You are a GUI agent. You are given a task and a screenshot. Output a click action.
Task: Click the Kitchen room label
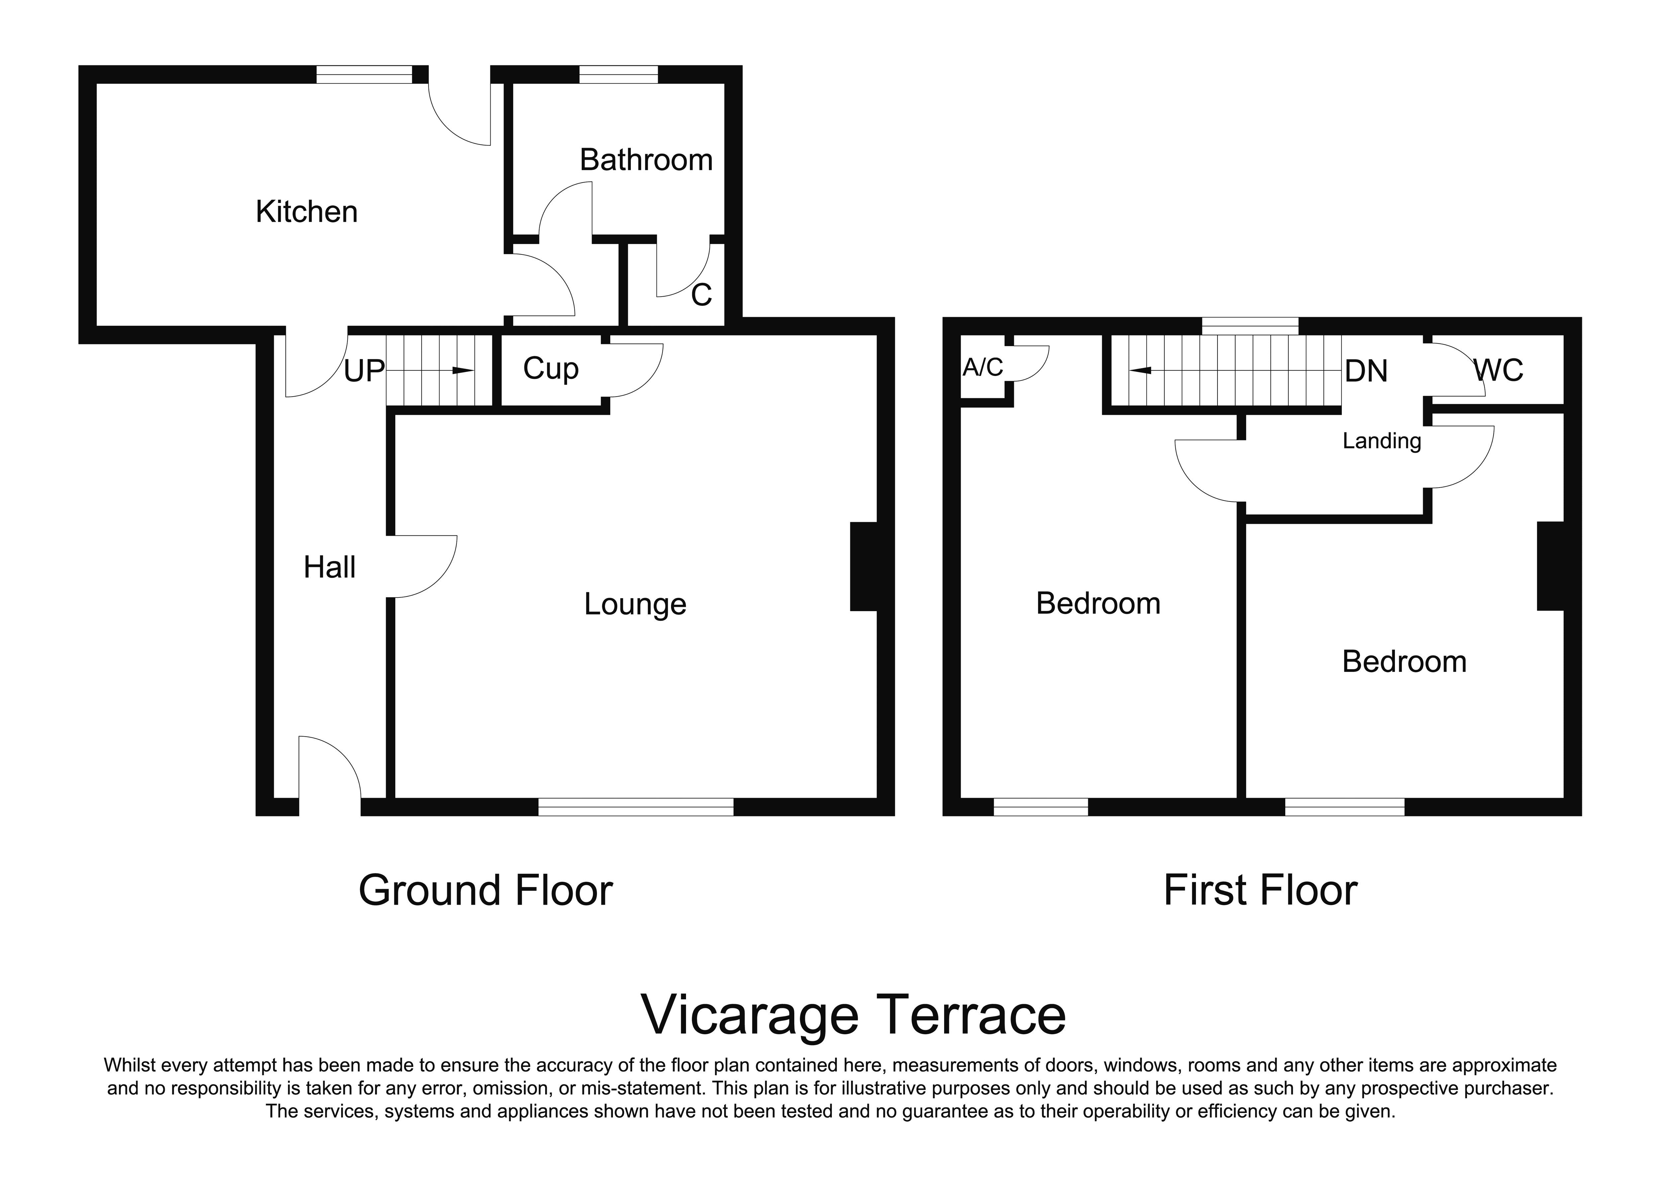pos(306,212)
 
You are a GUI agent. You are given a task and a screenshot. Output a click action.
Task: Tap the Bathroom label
pos(646,160)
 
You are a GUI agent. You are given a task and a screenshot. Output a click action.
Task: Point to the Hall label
pos(330,567)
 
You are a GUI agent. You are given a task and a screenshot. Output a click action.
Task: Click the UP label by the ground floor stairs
pos(364,371)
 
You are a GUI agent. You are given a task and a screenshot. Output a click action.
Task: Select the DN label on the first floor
pos(1366,371)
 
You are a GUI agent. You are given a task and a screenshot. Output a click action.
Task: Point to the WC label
pos(1498,371)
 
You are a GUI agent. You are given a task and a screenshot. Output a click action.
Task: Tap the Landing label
pos(1382,441)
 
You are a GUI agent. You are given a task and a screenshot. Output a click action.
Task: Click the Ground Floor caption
pos(485,890)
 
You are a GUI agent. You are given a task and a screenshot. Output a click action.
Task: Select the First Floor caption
pos(1260,890)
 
